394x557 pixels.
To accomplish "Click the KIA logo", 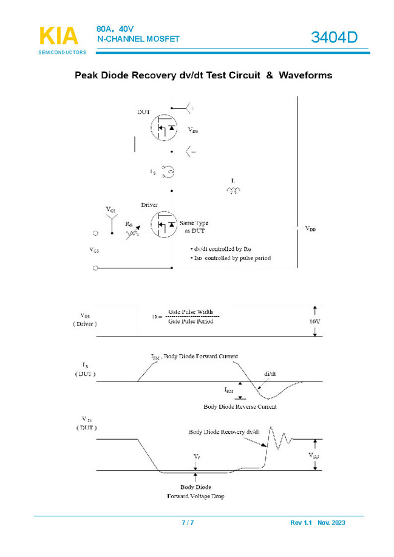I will (59, 36).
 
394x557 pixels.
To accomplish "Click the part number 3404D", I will (335, 38).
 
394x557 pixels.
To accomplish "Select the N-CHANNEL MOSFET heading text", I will (138, 39).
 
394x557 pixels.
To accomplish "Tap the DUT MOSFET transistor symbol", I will (163, 127).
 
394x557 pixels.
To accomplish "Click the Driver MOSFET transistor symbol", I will (163, 225).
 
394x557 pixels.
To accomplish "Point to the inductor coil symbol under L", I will (233, 191).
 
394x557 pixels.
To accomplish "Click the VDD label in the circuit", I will (310, 229).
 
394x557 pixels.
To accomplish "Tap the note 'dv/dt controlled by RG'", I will (218, 249).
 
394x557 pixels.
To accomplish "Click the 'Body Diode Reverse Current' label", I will (240, 406).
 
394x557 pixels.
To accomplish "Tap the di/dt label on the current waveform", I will (271, 374).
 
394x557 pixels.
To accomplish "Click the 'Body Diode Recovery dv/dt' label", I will (224, 432).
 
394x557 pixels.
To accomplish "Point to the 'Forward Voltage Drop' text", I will (195, 496).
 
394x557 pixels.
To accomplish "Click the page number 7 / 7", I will (188, 522).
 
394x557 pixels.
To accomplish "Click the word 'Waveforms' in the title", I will (305, 76).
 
